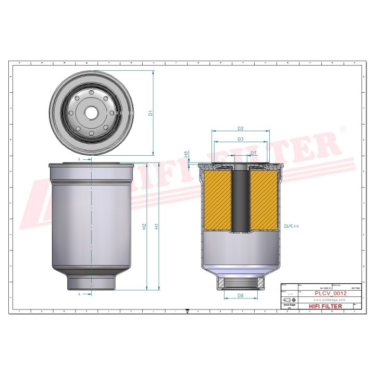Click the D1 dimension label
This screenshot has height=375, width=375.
[x=149, y=113]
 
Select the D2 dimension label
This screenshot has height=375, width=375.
[x=241, y=128]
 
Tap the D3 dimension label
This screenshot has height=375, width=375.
[x=241, y=139]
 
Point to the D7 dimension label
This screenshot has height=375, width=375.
[x=253, y=153]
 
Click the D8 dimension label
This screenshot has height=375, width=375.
[x=240, y=296]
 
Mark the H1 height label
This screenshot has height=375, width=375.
[x=156, y=227]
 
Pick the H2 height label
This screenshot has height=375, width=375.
[x=144, y=227]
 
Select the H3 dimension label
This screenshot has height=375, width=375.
[x=186, y=155]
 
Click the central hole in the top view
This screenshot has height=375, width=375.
[x=92, y=112]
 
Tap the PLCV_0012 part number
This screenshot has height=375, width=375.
[x=331, y=294]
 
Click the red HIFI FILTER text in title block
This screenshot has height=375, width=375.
[x=326, y=306]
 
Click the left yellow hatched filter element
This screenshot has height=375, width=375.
[x=217, y=201]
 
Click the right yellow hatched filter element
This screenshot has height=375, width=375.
[x=265, y=201]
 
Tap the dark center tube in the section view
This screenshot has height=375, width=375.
[x=241, y=201]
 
